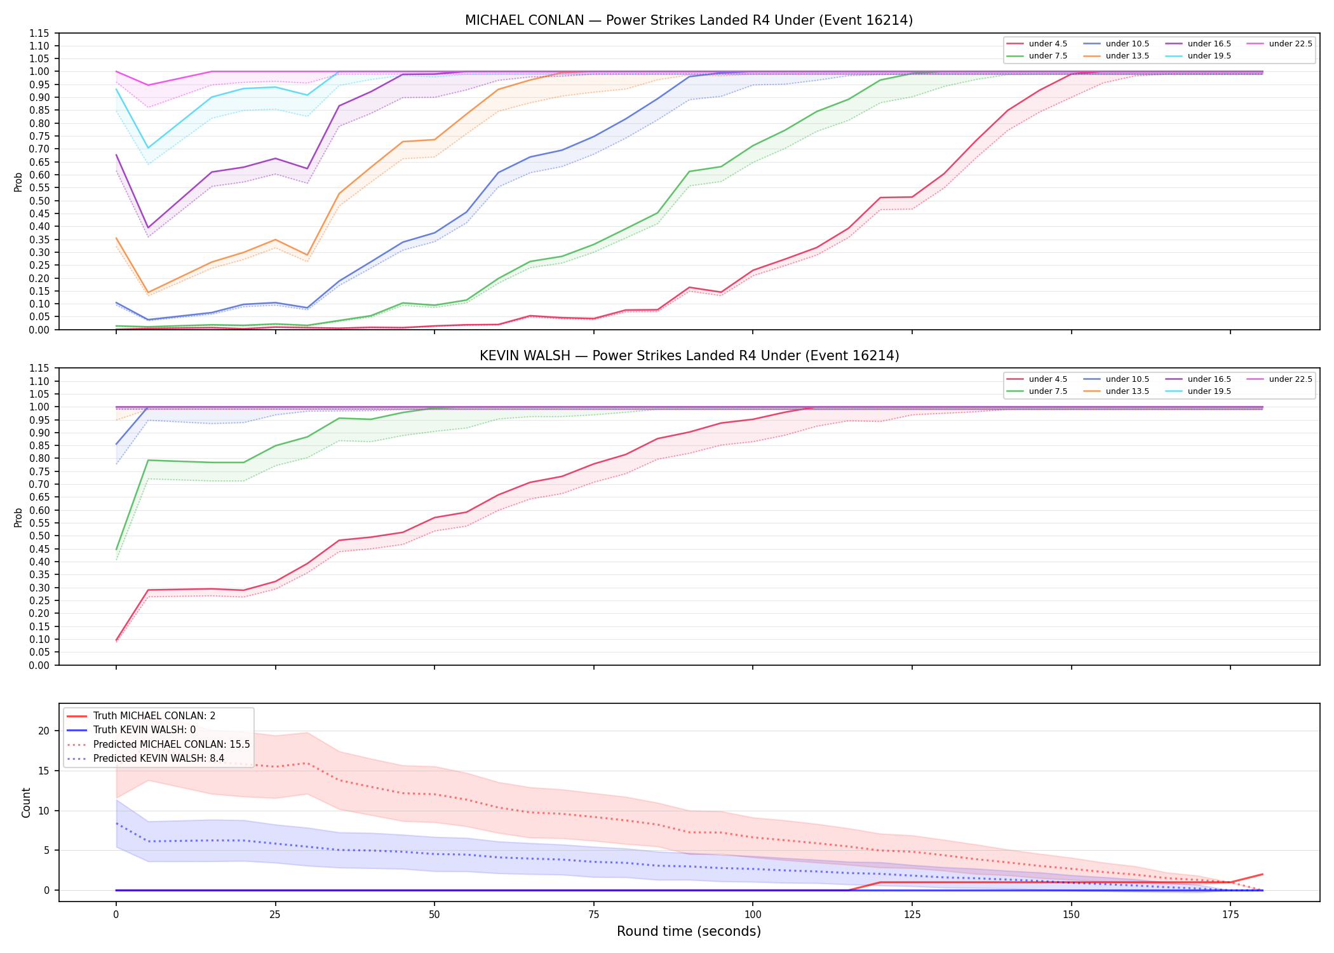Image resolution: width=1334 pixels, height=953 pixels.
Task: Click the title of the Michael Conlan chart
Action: [x=689, y=20]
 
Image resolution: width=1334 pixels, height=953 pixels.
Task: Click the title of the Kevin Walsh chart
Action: [x=689, y=356]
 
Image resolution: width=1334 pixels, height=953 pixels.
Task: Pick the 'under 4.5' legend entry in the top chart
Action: [x=1037, y=44]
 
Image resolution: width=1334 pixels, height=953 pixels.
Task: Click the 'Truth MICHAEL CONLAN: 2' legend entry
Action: [x=141, y=716]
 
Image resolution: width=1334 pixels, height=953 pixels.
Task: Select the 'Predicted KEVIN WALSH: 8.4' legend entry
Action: [x=145, y=759]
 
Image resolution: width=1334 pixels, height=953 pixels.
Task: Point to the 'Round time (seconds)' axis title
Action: [x=689, y=931]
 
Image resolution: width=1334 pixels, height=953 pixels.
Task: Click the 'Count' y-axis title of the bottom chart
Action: [x=26, y=802]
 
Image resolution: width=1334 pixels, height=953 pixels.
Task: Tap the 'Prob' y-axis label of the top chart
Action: [x=18, y=182]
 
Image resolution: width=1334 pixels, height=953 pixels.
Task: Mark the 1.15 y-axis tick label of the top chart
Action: [x=40, y=33]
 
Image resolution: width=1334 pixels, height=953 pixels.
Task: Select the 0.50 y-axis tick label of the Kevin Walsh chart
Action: [x=40, y=536]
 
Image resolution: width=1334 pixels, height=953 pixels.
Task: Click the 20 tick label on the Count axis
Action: [x=44, y=731]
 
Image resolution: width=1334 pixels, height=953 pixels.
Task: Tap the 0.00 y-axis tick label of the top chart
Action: [x=40, y=330]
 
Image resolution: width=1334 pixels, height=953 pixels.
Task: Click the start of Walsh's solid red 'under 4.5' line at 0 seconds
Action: [x=116, y=640]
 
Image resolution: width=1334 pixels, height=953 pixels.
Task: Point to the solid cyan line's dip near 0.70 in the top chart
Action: [x=148, y=148]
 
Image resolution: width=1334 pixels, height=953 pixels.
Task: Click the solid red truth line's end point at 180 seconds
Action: [x=1262, y=874]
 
